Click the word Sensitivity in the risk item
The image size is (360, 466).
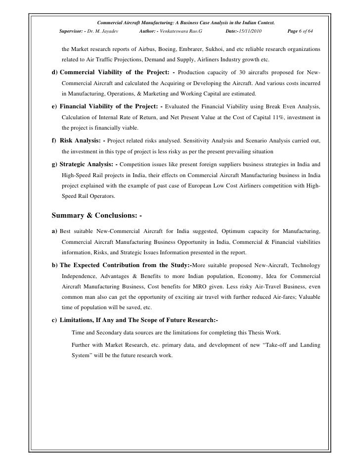(x=218, y=140)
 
